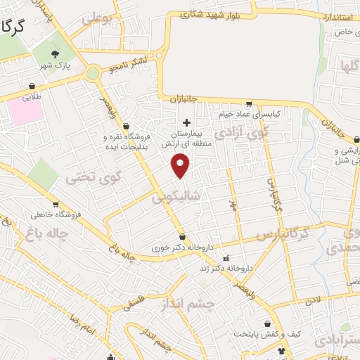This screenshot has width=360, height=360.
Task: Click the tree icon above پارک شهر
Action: (56, 54)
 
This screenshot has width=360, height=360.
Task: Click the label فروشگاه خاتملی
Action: (57, 213)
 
